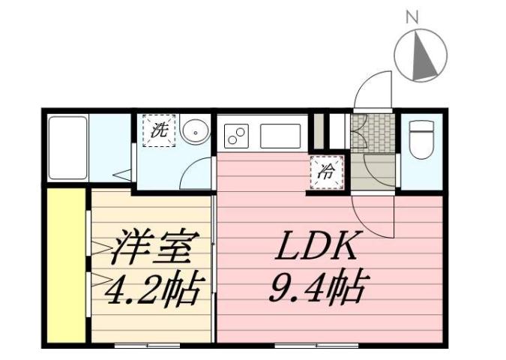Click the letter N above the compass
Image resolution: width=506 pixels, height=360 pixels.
(411, 15)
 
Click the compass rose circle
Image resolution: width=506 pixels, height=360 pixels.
(420, 54)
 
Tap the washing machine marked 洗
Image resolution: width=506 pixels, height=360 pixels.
(158, 129)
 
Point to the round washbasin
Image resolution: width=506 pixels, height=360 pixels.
(194, 132)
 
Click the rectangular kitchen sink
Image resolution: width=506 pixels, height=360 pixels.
(280, 136)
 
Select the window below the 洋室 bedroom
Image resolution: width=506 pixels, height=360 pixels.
(147, 346)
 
